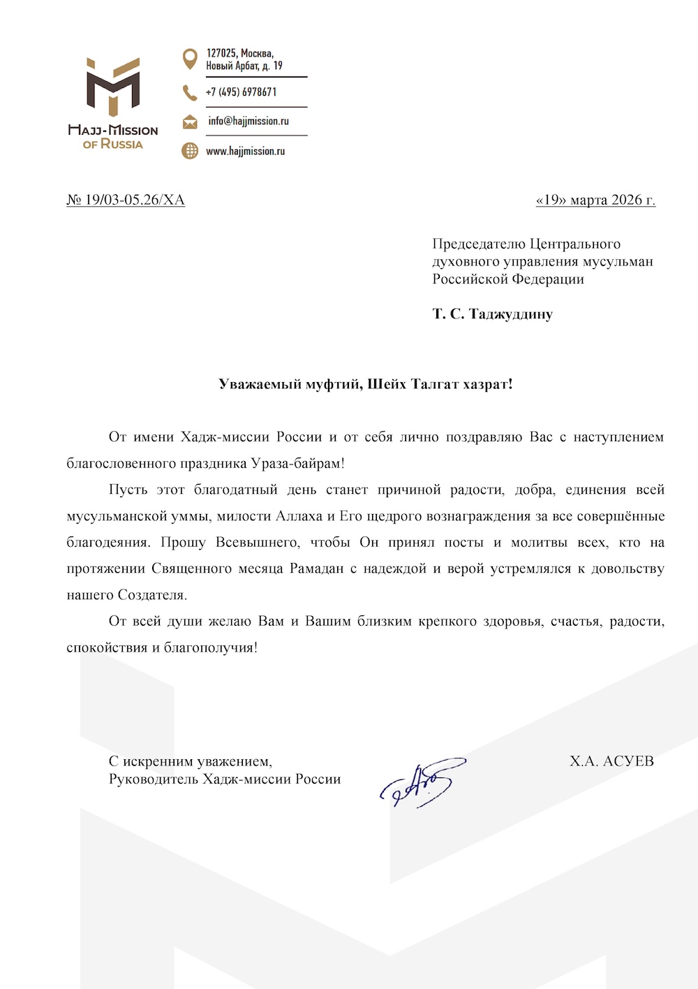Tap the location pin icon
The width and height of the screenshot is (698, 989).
point(189,59)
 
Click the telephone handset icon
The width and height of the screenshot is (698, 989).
point(189,92)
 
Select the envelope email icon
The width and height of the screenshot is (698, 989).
point(189,122)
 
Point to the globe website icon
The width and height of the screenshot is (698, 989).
point(189,150)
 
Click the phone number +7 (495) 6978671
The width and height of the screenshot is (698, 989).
point(241,92)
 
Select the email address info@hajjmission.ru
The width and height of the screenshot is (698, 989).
point(248,121)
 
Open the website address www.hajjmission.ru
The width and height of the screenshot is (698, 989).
point(245,151)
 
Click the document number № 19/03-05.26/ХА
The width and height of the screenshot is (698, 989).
point(126,200)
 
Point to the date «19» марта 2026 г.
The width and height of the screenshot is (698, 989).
point(595,200)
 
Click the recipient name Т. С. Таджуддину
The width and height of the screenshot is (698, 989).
point(492,314)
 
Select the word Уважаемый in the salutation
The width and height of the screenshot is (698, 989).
point(260,383)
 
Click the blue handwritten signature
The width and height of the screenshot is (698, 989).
point(423,782)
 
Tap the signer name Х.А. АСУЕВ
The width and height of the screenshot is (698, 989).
point(611,761)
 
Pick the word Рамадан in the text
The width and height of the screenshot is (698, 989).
point(317,569)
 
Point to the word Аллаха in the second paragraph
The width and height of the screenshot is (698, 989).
point(299,516)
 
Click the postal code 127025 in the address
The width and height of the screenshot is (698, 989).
point(221,53)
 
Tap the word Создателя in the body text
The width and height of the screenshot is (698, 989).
point(152,595)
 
